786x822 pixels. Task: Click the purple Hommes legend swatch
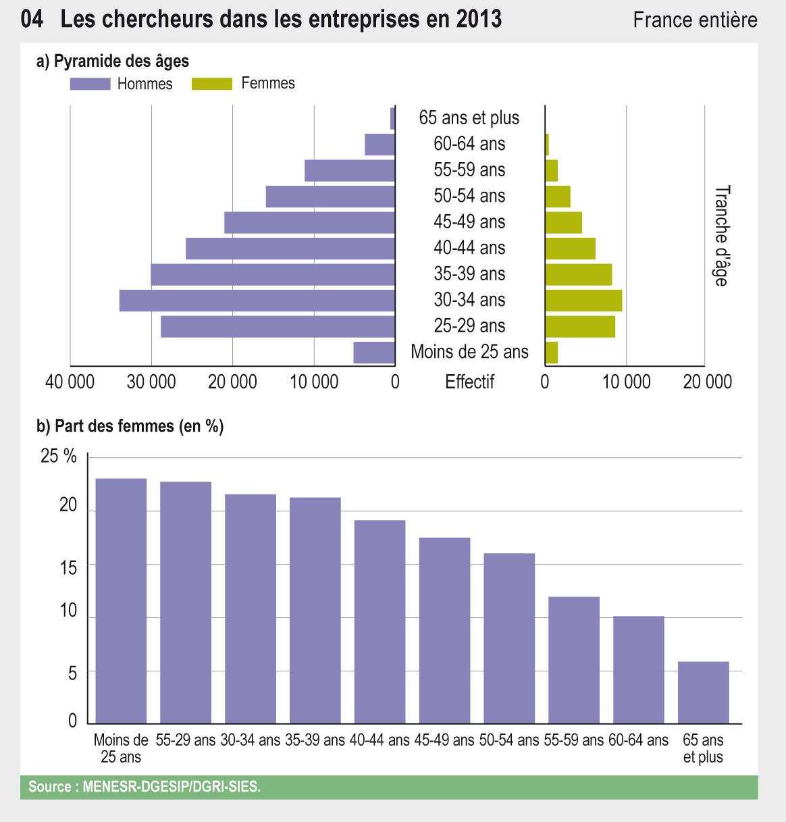coord(90,84)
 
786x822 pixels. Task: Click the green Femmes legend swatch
coord(212,84)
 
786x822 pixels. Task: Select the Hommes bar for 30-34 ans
coord(257,301)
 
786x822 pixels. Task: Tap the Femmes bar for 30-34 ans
coord(583,301)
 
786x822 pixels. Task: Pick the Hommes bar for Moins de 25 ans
coord(374,353)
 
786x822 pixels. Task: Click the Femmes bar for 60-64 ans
coord(547,145)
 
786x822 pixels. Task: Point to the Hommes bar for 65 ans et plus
coord(392,119)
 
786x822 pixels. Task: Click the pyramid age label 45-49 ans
coord(469,222)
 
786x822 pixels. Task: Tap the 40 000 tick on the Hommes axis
coord(70,382)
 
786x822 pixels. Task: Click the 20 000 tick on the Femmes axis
coord(707,382)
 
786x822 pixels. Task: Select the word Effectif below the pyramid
coord(469,382)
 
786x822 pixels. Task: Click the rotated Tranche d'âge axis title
coord(721,236)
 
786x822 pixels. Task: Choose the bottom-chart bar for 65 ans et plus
coord(703,692)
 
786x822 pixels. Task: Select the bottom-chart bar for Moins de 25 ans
coord(121,600)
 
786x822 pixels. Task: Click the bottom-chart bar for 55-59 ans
coord(573,659)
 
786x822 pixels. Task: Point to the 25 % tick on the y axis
coord(59,457)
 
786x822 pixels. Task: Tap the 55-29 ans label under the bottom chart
coord(185,740)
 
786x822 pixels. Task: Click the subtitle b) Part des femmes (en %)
coord(130,426)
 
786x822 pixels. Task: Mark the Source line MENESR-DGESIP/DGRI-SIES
coord(144,787)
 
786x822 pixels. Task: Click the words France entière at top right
coord(695,20)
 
